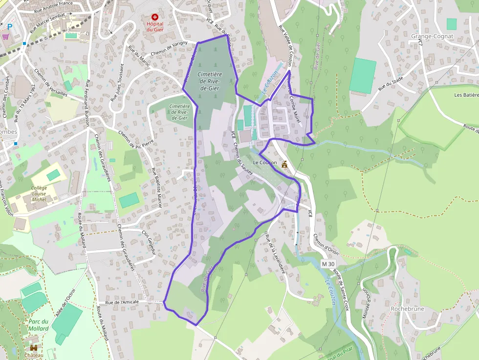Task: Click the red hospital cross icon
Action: click(155, 17)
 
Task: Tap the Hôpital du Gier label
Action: click(155, 26)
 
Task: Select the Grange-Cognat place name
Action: click(432, 36)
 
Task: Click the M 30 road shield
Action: click(328, 264)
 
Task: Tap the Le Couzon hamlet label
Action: click(265, 162)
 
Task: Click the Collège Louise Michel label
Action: click(39, 193)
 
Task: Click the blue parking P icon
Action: click(9, 26)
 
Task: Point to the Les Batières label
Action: click(466, 95)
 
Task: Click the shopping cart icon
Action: click(5, 36)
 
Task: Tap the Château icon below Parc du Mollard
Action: click(34, 348)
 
